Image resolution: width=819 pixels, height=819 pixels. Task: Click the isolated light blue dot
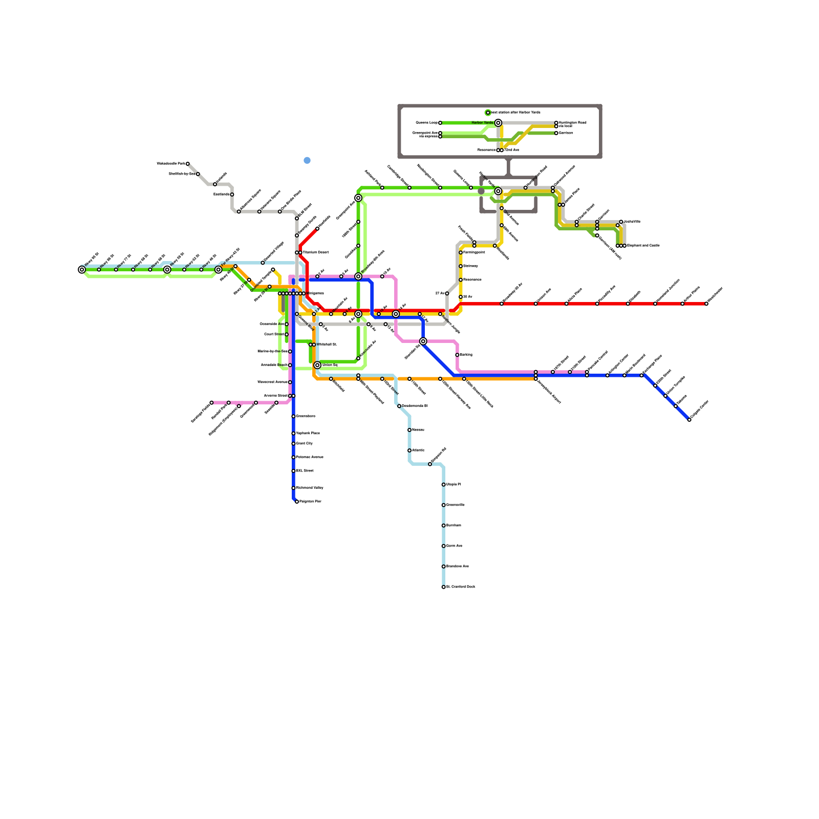(307, 161)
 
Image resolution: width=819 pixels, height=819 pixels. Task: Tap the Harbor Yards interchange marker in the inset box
(498, 123)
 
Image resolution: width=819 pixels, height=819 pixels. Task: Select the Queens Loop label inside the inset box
(426, 123)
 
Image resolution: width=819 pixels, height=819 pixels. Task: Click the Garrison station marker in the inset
(556, 133)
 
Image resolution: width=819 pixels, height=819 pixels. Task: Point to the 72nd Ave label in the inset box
(512, 150)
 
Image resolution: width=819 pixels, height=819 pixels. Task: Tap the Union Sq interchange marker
(317, 365)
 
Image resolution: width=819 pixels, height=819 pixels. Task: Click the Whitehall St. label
(326, 344)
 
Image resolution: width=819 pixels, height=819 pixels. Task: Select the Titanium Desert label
(315, 252)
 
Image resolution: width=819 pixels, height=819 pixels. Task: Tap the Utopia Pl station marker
(443, 484)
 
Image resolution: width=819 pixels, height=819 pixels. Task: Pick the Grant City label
(305, 443)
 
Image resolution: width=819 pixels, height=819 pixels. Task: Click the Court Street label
(274, 334)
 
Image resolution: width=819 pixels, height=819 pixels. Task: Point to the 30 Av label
(468, 297)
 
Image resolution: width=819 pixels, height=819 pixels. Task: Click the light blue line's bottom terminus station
(443, 587)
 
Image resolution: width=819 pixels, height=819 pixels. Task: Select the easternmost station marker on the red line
(706, 304)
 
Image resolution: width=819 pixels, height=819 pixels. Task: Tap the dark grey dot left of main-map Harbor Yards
(481, 191)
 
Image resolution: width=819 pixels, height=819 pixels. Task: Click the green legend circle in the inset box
(488, 113)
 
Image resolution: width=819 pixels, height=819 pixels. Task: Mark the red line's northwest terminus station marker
(317, 229)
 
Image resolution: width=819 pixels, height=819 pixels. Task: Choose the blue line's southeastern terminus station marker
(689, 420)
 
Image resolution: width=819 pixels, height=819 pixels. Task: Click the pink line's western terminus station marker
(211, 403)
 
